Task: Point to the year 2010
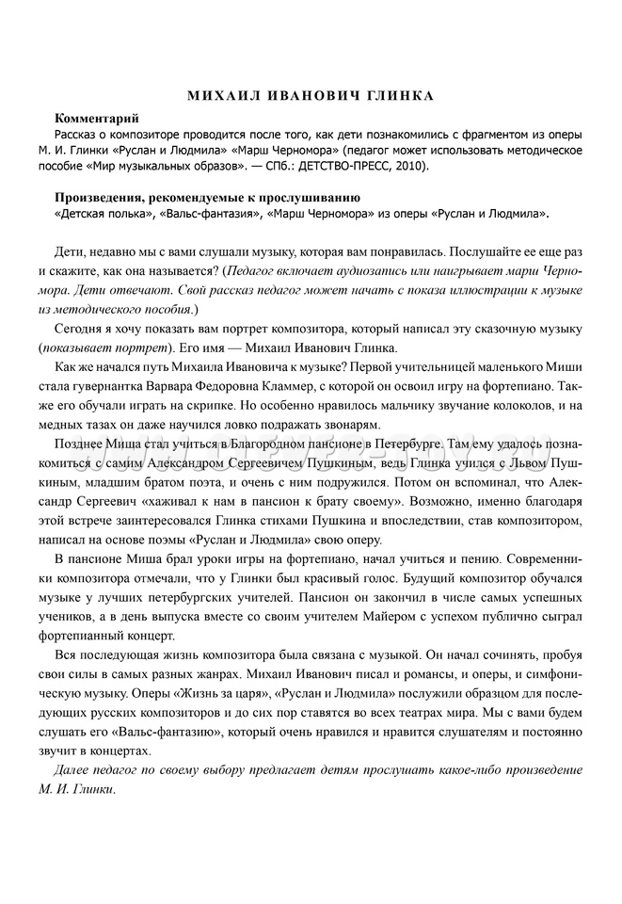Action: pyautogui.click(x=406, y=166)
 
